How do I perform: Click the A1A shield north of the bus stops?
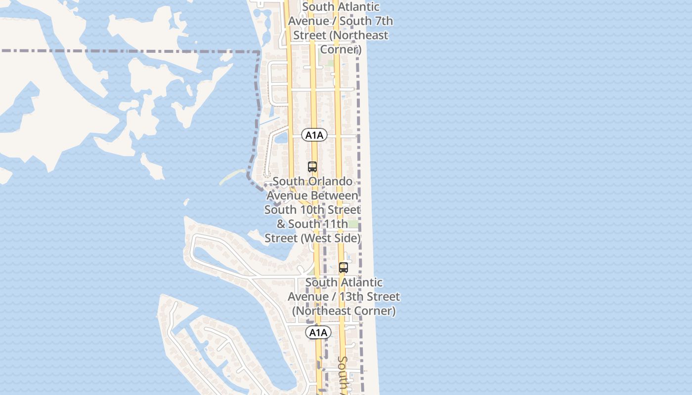click(x=314, y=135)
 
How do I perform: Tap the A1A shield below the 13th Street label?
click(x=318, y=333)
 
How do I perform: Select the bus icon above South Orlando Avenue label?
click(x=312, y=167)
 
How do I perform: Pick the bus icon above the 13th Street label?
click(x=344, y=268)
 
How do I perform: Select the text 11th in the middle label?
click(x=334, y=224)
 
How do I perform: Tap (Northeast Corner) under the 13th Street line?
click(x=344, y=311)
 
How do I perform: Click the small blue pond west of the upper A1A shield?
click(x=281, y=138)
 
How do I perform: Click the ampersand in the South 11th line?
click(x=281, y=224)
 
